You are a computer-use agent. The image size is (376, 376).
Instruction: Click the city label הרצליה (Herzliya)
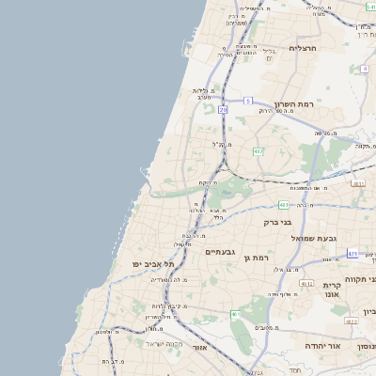coord(305,47)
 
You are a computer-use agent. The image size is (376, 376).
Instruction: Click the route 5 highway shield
coord(247,99)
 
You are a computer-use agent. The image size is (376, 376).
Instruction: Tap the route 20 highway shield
coord(223,110)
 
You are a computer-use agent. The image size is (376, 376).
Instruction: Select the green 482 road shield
coord(258,151)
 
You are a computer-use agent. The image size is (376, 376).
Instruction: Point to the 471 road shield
coord(352,254)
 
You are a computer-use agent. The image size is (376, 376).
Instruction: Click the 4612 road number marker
coord(306,283)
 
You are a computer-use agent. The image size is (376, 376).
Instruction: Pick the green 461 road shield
coord(283,204)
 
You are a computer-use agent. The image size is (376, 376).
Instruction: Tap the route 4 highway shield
coord(235,313)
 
